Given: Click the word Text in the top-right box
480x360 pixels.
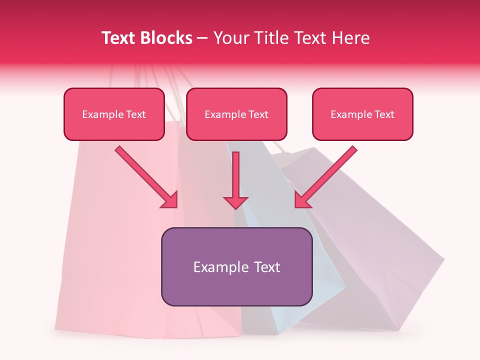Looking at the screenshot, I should coord(383,114).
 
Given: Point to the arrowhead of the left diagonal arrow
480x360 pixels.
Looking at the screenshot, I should coord(169,200).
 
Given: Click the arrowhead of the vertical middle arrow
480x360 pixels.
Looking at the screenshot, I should coord(235,202).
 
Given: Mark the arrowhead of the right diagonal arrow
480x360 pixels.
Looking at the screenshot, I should coord(302,200).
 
